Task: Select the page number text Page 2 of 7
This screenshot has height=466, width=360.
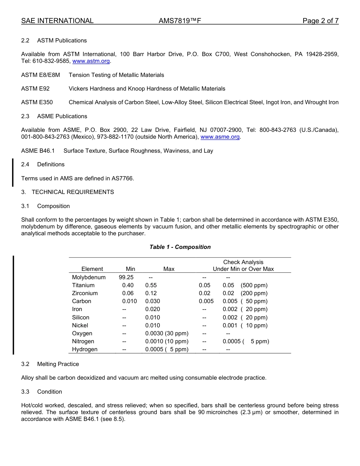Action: point(320,21)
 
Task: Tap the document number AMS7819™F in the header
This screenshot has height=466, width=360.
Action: point(180,21)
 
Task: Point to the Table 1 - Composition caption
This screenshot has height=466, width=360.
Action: point(180,247)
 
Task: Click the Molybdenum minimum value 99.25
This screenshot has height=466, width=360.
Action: point(126,277)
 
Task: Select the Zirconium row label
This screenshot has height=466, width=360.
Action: point(85,293)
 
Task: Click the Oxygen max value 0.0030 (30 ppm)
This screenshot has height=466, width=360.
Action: point(167,333)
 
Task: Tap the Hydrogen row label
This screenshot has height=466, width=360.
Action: point(85,349)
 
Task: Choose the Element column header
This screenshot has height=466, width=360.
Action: point(92,269)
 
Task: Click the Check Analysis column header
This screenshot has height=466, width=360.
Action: point(243,262)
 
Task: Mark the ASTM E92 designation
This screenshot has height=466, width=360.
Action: point(35,89)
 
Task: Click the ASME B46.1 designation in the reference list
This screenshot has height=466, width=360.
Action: point(38,151)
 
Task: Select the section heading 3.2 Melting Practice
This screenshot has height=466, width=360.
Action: point(50,364)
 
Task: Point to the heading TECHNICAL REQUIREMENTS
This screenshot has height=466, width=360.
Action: point(73,192)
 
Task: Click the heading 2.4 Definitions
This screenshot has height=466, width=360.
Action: point(43,164)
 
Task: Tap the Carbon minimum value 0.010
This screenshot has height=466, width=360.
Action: point(130,301)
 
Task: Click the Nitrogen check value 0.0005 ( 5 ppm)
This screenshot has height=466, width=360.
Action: point(246,341)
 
